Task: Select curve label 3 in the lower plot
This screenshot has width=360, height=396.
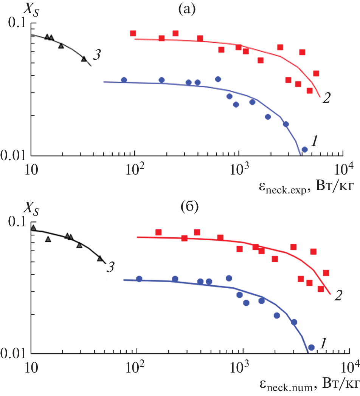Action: (110, 268)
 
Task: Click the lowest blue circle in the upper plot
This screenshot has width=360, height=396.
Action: (304, 150)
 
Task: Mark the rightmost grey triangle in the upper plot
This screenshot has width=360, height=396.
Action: (84, 59)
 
